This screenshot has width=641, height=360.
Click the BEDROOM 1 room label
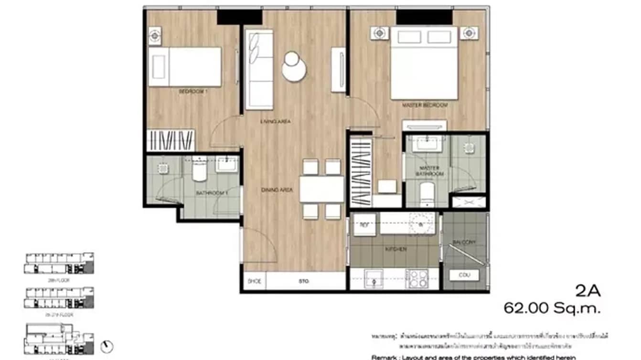coord(193,91)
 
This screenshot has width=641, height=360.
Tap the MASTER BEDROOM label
coord(425,105)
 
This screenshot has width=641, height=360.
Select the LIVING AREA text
coord(276,122)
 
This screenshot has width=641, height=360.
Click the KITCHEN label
coord(396,249)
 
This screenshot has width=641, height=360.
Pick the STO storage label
coord(304,282)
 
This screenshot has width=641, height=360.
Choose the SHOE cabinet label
coord(254,282)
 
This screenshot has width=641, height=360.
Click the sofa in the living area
coord(259,69)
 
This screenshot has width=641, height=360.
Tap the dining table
coord(321,190)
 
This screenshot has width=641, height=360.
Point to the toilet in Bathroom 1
coord(199,170)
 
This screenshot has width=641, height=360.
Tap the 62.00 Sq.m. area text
coord(552,308)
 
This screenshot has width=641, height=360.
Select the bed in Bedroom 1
coord(185,67)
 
